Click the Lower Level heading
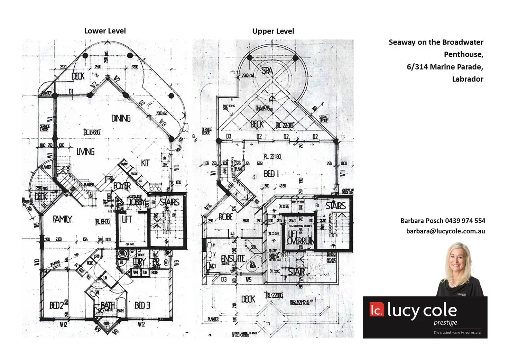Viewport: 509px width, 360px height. coord(105,31)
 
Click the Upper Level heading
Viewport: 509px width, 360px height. coord(273,31)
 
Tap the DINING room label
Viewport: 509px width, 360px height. coord(121,118)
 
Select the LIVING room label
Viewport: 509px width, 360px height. coord(85,151)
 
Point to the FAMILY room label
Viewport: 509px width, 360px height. coord(62,219)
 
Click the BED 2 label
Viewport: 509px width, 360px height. coord(56,305)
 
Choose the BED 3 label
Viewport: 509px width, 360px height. coord(142,305)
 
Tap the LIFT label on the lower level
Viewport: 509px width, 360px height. coord(127,219)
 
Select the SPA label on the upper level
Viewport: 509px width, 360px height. coord(267,71)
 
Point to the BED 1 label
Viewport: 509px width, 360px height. coord(271,174)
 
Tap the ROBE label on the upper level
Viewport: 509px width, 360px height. coord(226,217)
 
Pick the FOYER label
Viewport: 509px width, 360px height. coord(122,186)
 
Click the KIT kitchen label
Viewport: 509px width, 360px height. coord(145,163)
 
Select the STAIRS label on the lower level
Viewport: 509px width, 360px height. coord(170,202)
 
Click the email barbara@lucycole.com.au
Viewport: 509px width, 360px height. coord(445,231)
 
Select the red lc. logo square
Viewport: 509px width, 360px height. coord(376,310)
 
